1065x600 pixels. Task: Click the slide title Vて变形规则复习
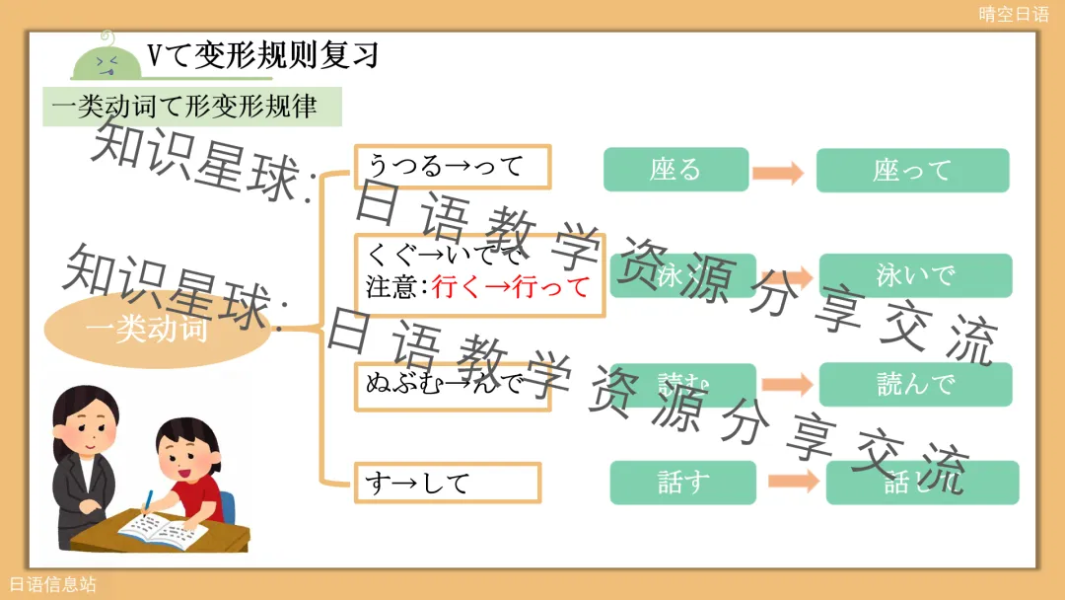(262, 54)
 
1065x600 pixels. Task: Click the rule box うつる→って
(452, 166)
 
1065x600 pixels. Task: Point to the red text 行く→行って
(510, 287)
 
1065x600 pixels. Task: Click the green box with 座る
(675, 170)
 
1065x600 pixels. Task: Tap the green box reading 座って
(912, 171)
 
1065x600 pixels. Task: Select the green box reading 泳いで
(915, 275)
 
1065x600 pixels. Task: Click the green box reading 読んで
(915, 384)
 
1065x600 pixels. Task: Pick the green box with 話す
(682, 483)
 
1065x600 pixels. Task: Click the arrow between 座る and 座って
(779, 174)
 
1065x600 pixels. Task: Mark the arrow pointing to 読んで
(786, 385)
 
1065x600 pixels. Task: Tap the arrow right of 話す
(794, 482)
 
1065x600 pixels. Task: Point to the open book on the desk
(163, 530)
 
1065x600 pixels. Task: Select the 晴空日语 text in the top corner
(1014, 14)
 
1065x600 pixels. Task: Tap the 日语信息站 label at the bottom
(53, 585)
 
